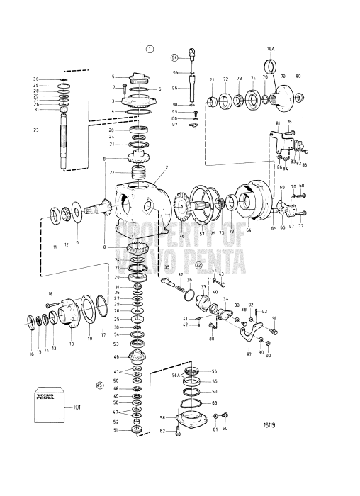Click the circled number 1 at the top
pos(150,49)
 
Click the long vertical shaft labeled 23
pos(64,142)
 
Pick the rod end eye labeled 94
pos(191,52)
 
